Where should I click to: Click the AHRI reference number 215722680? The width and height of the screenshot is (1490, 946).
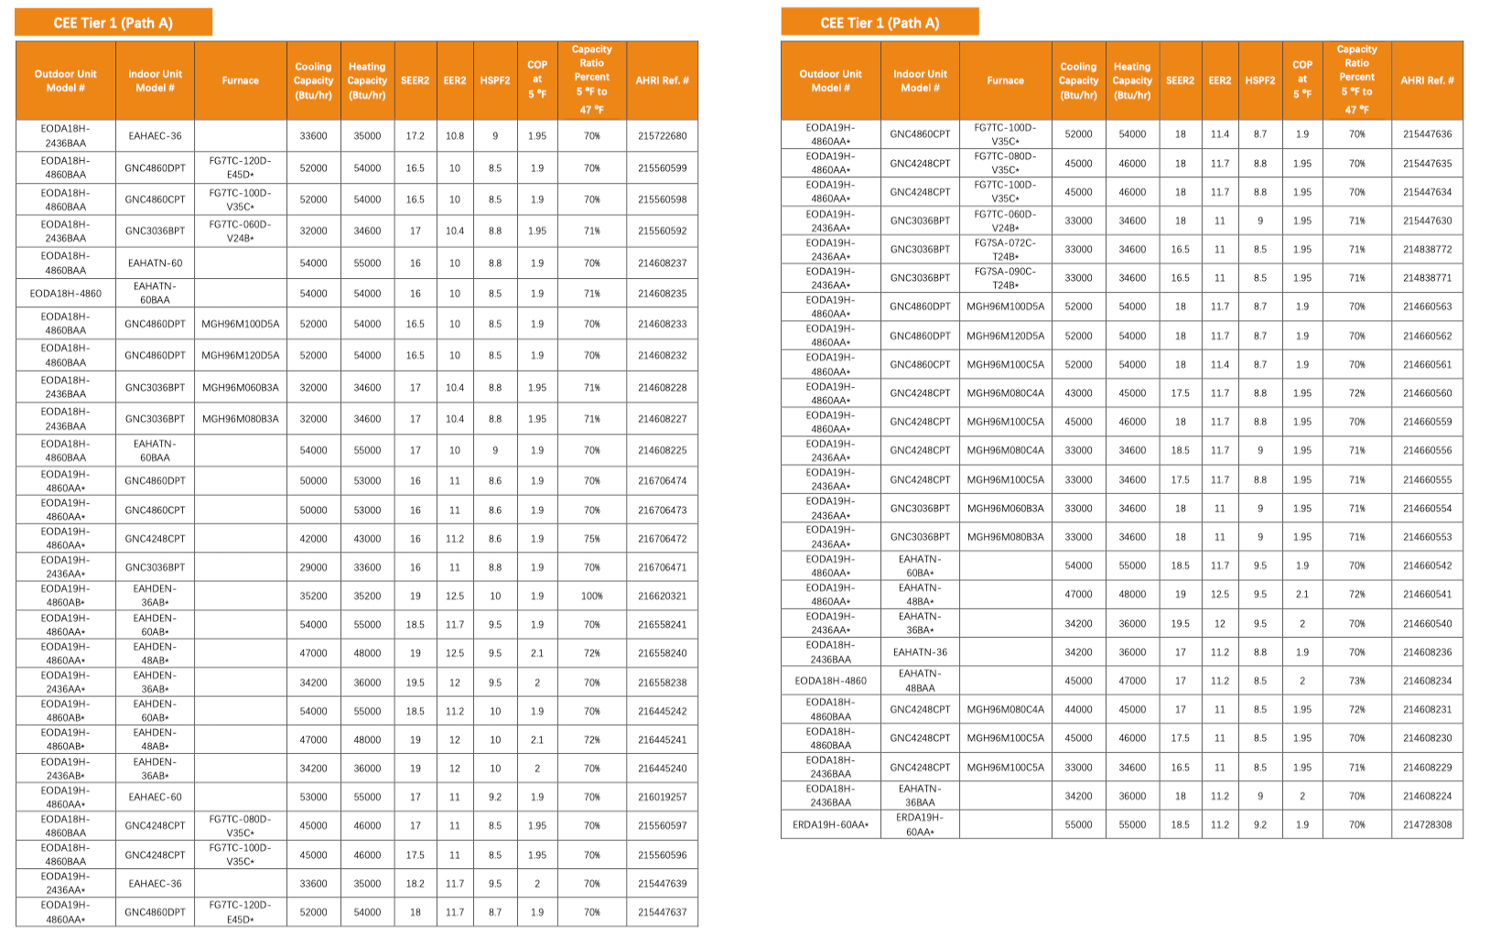coord(662,135)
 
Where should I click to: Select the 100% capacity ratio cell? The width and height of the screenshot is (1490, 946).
coord(592,596)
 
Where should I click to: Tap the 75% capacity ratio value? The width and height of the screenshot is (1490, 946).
coord(592,539)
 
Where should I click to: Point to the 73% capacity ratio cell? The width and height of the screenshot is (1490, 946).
coord(1356,681)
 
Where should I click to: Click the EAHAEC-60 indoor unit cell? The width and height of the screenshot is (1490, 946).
coord(155,797)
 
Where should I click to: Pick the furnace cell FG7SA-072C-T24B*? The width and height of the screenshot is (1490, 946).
coord(1005,249)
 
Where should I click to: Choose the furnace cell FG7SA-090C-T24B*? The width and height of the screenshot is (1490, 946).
coord(1005,277)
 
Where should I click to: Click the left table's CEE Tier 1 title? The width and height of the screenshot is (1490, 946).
coord(113,23)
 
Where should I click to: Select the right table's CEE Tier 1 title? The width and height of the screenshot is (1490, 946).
coord(880,23)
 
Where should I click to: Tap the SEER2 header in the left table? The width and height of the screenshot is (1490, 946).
coord(415,81)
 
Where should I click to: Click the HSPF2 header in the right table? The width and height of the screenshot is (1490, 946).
coord(1259,81)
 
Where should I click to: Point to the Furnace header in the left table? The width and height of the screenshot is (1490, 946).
coord(240,81)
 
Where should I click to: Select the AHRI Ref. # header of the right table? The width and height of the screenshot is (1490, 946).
coord(1427,81)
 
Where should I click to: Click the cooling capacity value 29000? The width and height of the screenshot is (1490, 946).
coord(313,567)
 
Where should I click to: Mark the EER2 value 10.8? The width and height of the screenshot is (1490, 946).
coord(455,135)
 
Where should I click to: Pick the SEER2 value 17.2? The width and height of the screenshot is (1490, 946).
coord(415,135)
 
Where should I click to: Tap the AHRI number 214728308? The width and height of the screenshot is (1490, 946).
coord(1427,824)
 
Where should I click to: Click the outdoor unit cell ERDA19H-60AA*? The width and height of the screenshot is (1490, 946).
coord(830,824)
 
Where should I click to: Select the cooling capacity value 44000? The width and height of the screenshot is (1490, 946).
coord(1078,709)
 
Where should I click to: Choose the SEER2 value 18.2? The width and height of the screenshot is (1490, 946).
coord(415,884)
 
